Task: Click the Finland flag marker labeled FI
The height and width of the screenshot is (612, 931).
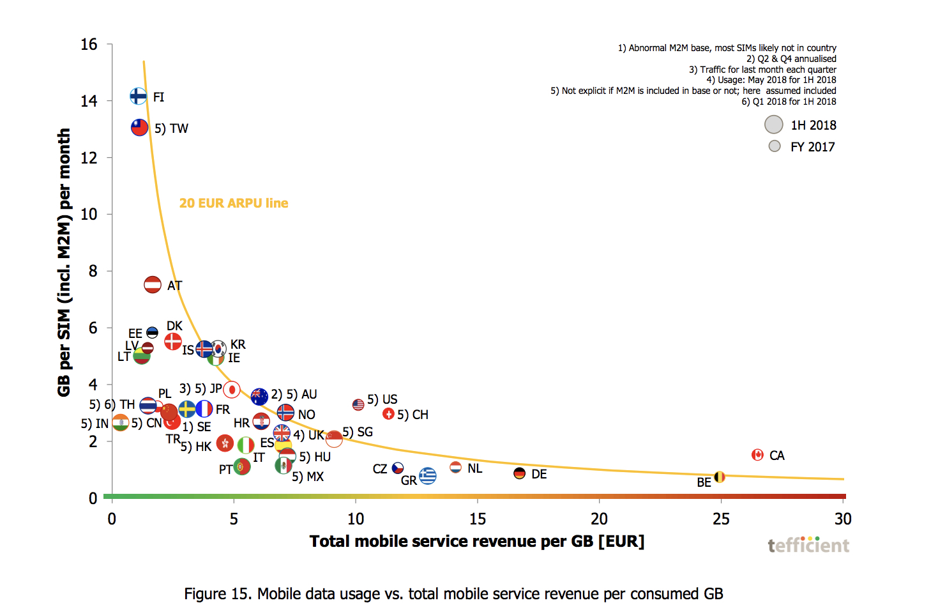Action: [x=138, y=96]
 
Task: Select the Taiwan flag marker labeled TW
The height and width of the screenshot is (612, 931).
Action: [x=139, y=127]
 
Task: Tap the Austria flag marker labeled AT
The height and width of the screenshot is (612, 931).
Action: [x=153, y=284]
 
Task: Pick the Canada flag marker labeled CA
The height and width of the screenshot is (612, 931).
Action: [x=757, y=455]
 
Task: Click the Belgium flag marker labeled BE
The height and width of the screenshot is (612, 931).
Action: [x=719, y=477]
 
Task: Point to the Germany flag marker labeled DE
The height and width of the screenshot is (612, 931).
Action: [x=519, y=473]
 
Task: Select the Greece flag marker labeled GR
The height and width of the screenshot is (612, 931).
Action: [x=428, y=476]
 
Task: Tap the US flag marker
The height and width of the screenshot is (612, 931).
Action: [x=358, y=404]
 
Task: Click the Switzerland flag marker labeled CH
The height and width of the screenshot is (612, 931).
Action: [x=388, y=414]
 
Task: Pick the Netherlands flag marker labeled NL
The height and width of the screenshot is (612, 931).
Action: [x=455, y=468]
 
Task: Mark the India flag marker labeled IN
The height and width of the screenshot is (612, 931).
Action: [x=120, y=423]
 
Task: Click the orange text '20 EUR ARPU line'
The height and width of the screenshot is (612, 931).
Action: [x=233, y=203]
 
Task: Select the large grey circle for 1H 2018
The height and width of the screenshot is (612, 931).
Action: [x=773, y=125]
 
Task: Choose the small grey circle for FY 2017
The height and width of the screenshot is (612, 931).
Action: [x=775, y=146]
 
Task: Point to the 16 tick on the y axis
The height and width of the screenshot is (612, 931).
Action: [x=89, y=45]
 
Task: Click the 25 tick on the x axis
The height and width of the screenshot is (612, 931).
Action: [x=721, y=519]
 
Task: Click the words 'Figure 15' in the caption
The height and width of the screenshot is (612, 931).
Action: [x=218, y=593]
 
